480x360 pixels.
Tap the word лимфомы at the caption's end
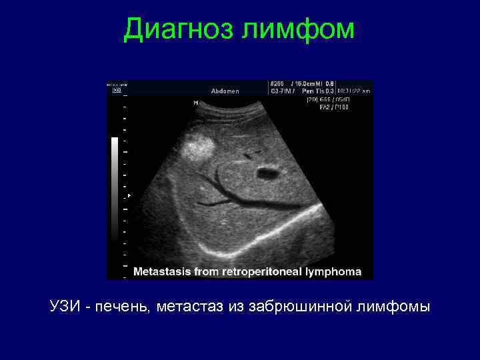coord(393,307)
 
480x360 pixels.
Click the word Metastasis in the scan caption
coord(163,272)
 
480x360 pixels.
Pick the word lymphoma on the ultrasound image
coord(333,272)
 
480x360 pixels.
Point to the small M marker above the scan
coord(195,103)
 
